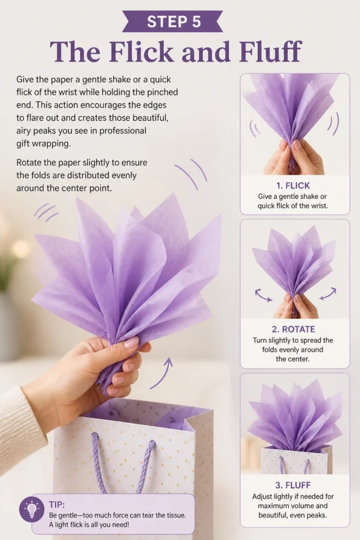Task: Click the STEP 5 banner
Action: coord(173,21)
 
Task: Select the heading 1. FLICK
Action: coord(293,186)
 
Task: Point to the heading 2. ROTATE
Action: coord(293,329)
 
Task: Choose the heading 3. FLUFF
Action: coord(293,485)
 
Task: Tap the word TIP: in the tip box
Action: coord(57,505)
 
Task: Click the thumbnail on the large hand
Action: coord(131,343)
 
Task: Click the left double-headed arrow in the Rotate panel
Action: coord(264,295)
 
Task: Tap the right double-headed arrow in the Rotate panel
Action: coord(327,293)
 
